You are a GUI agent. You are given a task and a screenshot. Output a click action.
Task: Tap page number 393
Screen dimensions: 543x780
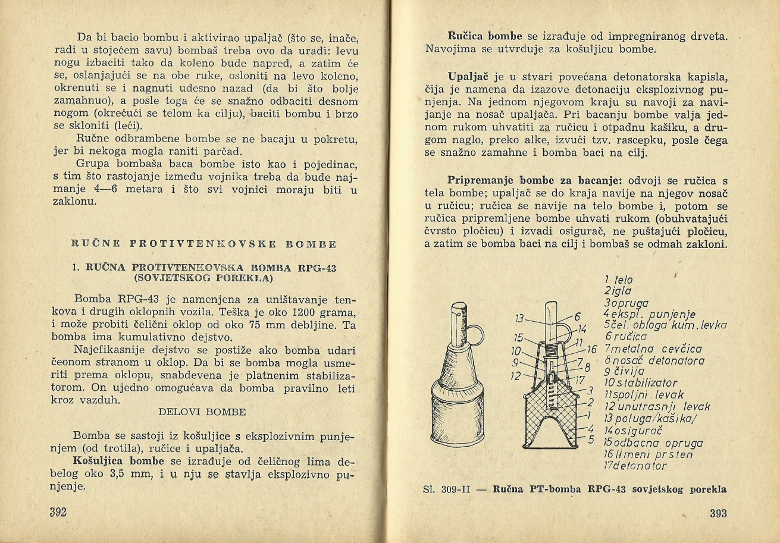tap(718, 513)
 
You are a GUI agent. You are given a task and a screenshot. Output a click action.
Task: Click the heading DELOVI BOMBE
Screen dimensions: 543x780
tap(202, 412)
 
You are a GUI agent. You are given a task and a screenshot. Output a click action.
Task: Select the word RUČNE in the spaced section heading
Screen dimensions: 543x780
tap(95, 244)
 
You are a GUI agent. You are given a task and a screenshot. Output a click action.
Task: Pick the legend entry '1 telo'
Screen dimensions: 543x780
tap(618, 280)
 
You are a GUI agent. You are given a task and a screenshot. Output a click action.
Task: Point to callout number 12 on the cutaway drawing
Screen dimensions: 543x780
tap(516, 375)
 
